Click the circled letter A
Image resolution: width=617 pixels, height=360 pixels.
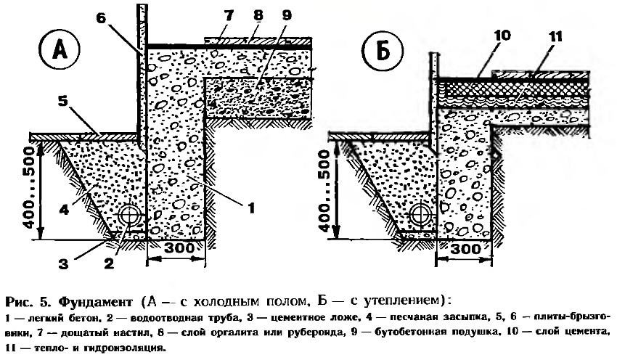pyautogui.click(x=60, y=52)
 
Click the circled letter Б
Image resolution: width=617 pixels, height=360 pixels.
pyautogui.click(x=383, y=52)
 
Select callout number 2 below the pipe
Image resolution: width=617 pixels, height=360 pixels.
pyautogui.click(x=109, y=263)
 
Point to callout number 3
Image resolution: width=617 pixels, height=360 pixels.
pyautogui.click(x=63, y=263)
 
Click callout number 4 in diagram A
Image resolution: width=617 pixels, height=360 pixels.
pyautogui.click(x=64, y=210)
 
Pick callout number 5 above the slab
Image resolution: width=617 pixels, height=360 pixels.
pyautogui.click(x=62, y=102)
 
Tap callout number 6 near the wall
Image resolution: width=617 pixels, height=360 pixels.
pyautogui.click(x=101, y=18)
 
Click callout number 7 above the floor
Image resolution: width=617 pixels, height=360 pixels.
pyautogui.click(x=229, y=16)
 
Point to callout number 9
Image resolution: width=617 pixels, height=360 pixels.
pyautogui.click(x=287, y=16)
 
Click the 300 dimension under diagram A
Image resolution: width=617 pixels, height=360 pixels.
pyautogui.click(x=179, y=248)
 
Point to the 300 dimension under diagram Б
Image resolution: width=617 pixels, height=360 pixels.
pyautogui.click(x=465, y=249)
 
